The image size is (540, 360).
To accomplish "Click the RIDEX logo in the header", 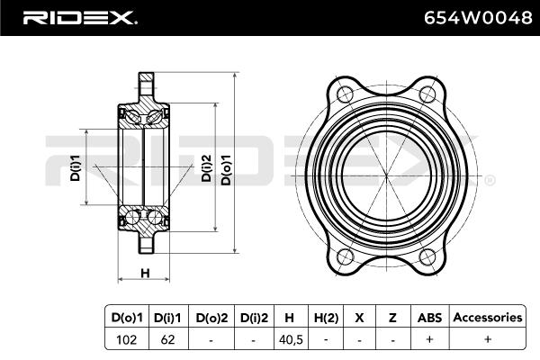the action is pos(79,18).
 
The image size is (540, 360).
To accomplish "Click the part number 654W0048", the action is pos(478,18).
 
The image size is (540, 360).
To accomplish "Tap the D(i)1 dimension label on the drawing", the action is pos(75,167).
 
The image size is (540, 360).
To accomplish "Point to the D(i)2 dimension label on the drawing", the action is pos(206,167).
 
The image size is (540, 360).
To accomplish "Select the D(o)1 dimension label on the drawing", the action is pos(226,169).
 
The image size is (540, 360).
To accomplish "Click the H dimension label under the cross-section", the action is pos(145,274).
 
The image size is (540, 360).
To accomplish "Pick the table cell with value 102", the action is pos(126,339).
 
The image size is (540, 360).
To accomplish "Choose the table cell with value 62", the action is pos(167,339).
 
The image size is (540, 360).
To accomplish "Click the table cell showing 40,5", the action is pos(291,339).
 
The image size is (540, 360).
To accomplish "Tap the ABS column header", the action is pos(429,318).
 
